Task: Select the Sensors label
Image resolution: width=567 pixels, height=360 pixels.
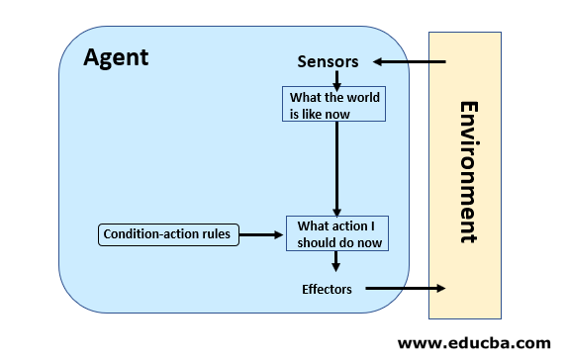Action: click(x=328, y=62)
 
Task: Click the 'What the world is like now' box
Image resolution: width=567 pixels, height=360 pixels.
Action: click(x=335, y=105)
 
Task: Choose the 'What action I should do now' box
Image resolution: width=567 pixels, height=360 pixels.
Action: click(x=337, y=233)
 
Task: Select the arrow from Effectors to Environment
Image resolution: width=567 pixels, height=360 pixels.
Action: click(x=406, y=289)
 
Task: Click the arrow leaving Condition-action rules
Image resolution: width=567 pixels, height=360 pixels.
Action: click(x=263, y=234)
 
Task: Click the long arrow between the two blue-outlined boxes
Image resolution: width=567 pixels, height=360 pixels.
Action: click(x=336, y=168)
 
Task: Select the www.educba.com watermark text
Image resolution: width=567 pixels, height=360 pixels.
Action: click(x=473, y=343)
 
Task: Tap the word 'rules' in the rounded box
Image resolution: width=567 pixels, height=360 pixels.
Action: click(x=218, y=234)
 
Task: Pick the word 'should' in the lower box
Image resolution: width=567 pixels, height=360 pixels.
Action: click(x=319, y=241)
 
